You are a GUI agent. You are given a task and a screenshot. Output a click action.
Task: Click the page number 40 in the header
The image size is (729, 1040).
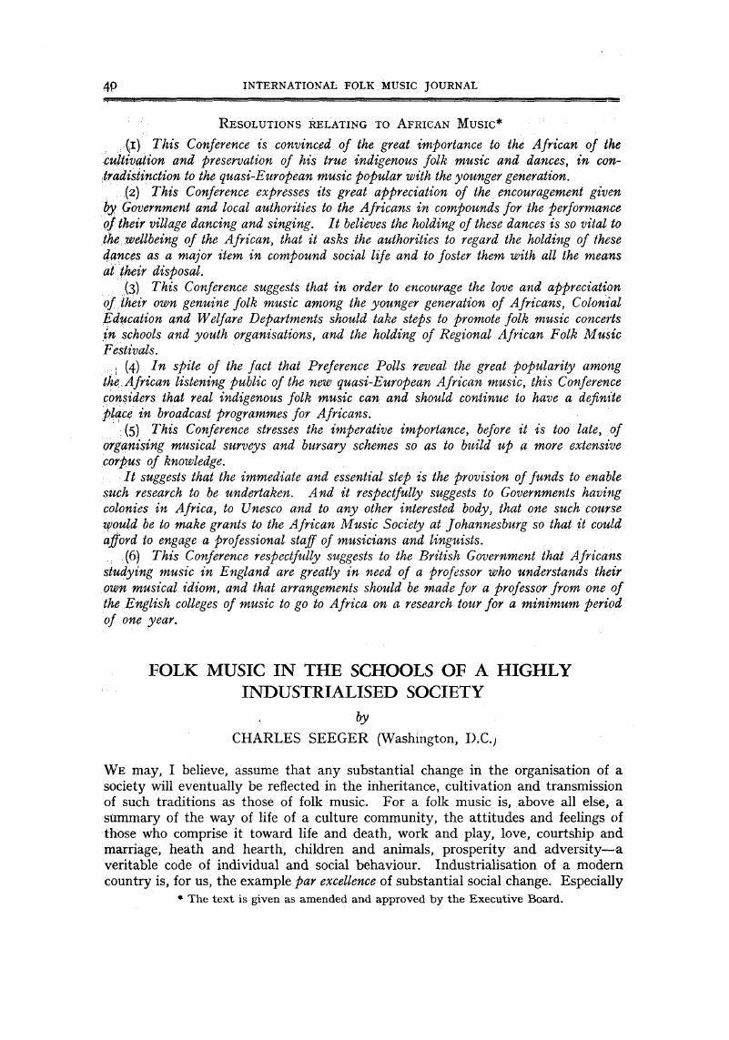pyautogui.click(x=112, y=86)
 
